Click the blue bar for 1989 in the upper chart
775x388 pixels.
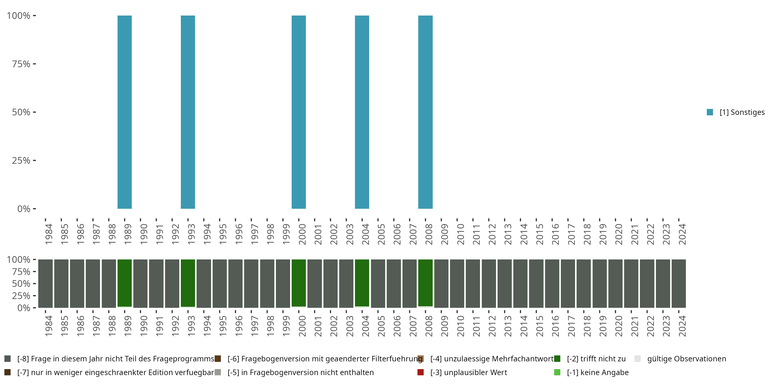pos(125,112)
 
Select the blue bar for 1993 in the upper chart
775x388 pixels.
pos(188,112)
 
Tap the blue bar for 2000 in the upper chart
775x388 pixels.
pos(299,112)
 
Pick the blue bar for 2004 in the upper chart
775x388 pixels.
pos(362,112)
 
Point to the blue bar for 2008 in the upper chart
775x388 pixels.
pos(425,112)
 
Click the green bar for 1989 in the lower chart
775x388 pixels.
pos(125,283)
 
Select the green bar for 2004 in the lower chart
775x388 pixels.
pos(362,283)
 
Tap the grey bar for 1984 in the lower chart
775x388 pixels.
pos(45,283)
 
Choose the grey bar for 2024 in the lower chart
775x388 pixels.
pos(679,283)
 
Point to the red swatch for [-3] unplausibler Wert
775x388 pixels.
pos(421,372)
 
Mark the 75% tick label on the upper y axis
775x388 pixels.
pos(21,64)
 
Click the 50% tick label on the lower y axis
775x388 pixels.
pos(21,283)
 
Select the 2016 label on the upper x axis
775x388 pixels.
pos(555,234)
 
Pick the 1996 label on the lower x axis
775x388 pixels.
pos(239,326)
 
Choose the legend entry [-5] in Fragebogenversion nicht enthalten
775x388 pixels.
pos(300,372)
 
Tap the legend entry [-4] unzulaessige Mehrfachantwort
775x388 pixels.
pos(492,359)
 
